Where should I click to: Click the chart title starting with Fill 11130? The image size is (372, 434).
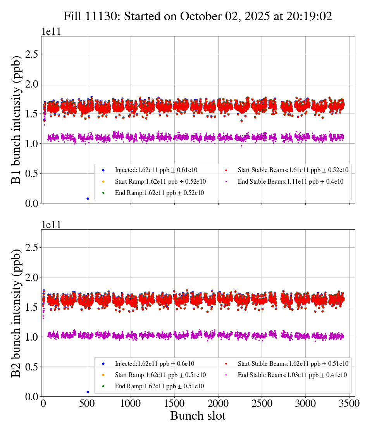[x=198, y=16]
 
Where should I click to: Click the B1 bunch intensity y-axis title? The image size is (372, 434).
[x=16, y=119]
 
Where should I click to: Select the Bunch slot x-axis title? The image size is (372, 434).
[x=198, y=416]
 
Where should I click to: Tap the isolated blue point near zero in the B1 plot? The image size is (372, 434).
[x=88, y=198]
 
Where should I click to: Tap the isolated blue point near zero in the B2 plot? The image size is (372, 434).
[x=88, y=392]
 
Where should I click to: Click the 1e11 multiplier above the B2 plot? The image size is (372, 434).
[x=51, y=225]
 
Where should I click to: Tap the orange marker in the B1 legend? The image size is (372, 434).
[x=103, y=181]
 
